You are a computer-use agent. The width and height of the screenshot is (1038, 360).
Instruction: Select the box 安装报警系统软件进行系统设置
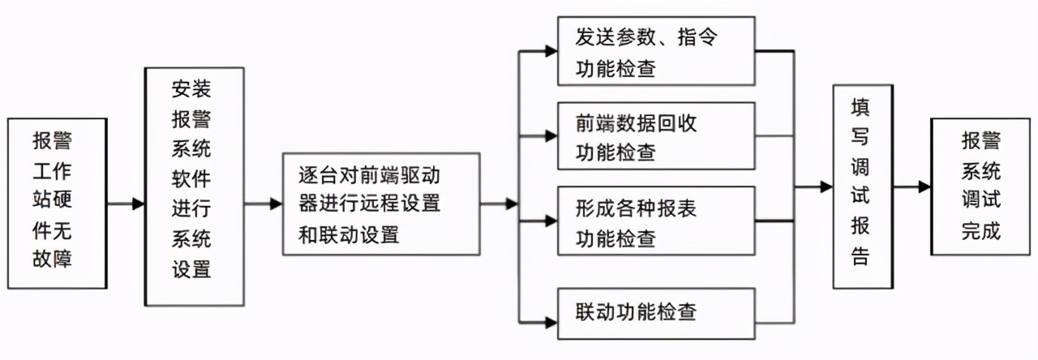pos(194,186)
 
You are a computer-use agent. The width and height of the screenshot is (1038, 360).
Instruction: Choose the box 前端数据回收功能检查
pos(656,136)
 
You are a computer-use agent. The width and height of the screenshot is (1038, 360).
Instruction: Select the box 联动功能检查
pos(656,312)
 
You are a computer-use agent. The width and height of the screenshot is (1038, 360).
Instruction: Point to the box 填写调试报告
pos(863,186)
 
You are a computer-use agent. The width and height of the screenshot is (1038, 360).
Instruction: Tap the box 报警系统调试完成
pos(981,186)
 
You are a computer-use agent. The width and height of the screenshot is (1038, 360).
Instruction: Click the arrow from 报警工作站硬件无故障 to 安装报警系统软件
pos(126,204)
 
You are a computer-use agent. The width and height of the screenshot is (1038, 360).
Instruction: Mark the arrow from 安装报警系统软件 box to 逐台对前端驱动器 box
pos(263,204)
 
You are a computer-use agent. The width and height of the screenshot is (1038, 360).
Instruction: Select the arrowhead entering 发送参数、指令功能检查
pos(551,51)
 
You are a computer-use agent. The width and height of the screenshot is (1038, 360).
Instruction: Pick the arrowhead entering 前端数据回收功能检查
pos(551,135)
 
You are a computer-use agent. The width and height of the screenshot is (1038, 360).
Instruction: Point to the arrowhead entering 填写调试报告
pos(826,186)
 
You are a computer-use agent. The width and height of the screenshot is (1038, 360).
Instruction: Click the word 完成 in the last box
pos(981,231)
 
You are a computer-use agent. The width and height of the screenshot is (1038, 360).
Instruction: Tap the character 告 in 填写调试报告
pos(861,257)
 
